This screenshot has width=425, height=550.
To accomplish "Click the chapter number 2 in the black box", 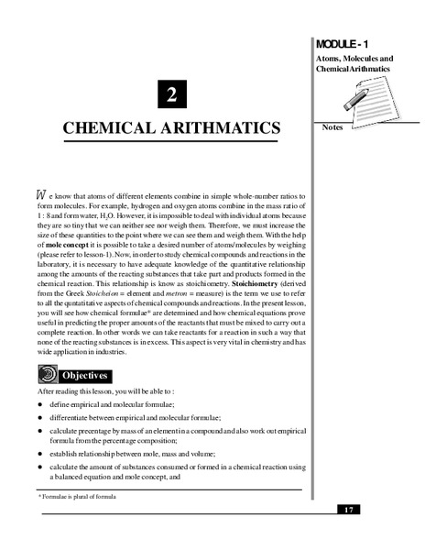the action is pyautogui.click(x=170, y=93).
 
